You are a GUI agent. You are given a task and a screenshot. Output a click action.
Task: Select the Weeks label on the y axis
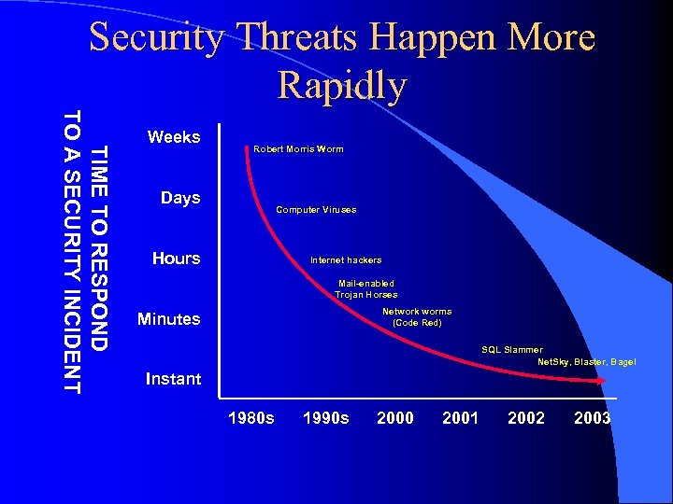tap(174, 137)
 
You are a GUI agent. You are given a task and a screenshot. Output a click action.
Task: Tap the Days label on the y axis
tap(180, 198)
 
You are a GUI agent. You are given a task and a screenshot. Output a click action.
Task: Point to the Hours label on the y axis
tap(176, 259)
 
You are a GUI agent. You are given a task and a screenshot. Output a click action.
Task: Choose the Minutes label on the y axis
tap(168, 319)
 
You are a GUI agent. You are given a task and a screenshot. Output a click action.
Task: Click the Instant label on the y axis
tap(173, 379)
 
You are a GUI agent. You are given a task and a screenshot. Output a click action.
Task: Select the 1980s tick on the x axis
tap(251, 418)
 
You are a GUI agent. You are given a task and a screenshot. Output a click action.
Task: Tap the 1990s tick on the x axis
tap(326, 418)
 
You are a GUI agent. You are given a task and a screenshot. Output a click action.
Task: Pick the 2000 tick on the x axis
tap(394, 418)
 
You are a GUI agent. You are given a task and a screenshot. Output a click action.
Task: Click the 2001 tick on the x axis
tap(460, 418)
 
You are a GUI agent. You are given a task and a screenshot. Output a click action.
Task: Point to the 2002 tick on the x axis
tap(526, 418)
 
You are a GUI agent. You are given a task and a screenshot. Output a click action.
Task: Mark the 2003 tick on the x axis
tap(592, 418)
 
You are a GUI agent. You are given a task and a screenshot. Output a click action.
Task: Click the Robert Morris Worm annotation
tap(298, 149)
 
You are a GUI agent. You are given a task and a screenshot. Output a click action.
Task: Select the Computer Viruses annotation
tap(316, 210)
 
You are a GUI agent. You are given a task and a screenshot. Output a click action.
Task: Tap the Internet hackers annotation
tap(346, 260)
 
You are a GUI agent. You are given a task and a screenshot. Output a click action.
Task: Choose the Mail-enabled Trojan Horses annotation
tap(366, 288)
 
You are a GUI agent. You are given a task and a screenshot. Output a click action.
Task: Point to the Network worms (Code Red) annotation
tap(417, 317)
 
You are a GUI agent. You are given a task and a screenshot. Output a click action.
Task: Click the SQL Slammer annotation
tap(511, 350)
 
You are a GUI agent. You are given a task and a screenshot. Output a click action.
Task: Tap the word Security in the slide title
tap(156, 38)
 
